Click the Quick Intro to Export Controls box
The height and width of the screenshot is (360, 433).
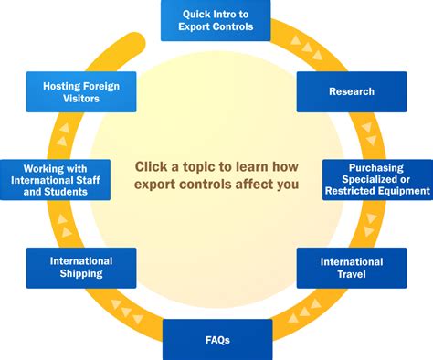216,20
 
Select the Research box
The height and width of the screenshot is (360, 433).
352,91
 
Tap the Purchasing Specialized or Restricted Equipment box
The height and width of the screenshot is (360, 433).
377,179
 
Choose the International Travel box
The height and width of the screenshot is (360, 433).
352,268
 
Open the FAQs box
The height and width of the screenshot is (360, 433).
217,339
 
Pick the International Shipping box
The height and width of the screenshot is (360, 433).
81,267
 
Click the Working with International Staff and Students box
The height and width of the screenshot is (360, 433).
54,179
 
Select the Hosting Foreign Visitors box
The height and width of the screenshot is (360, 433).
81,91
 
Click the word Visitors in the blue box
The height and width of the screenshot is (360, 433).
81,99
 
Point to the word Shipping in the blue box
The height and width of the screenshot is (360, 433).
81,274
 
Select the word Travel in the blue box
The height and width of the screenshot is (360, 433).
352,275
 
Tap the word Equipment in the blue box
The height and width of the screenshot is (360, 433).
401,191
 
